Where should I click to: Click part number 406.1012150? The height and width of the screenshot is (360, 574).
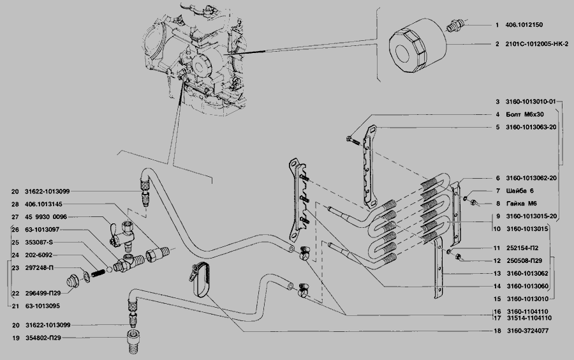524,25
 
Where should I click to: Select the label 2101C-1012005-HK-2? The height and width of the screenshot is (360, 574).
536,44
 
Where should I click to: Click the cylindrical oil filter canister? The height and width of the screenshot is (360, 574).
418,46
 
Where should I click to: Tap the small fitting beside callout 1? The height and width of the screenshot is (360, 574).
455,26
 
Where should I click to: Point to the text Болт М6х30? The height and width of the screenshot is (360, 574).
525,114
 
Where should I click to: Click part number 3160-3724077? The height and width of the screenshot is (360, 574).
527,331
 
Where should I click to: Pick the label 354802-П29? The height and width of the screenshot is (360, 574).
43,338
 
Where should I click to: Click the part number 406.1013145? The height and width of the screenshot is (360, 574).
43,204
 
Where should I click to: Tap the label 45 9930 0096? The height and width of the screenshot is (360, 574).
46,217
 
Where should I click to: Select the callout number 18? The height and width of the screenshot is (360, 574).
497,331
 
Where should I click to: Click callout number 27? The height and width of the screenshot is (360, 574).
15,217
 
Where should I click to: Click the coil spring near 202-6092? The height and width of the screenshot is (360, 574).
98,273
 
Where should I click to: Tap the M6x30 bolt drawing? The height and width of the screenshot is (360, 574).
353,140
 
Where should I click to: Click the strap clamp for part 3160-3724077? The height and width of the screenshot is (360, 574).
200,278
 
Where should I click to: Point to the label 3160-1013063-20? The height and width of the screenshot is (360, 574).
531,127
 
